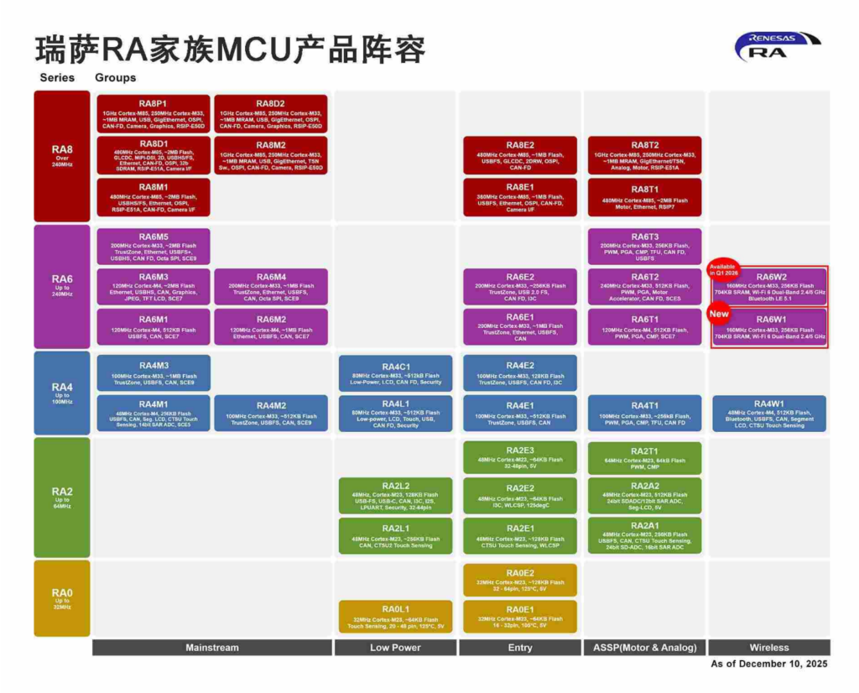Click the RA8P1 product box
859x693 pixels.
(154, 114)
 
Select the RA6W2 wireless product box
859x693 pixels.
(770, 286)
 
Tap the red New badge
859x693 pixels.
(718, 314)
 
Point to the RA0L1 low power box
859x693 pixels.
(395, 616)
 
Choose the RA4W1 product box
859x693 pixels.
(769, 414)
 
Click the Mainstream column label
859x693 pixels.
(211, 648)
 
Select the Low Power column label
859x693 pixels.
(395, 648)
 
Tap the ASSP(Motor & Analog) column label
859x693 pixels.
(644, 648)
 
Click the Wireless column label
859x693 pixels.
(769, 648)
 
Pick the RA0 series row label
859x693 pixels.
(62, 597)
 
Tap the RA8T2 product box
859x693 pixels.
(644, 155)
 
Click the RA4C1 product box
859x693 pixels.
(395, 373)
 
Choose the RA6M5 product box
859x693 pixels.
(154, 247)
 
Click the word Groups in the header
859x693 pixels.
(115, 77)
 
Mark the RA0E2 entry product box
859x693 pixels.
(519, 580)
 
